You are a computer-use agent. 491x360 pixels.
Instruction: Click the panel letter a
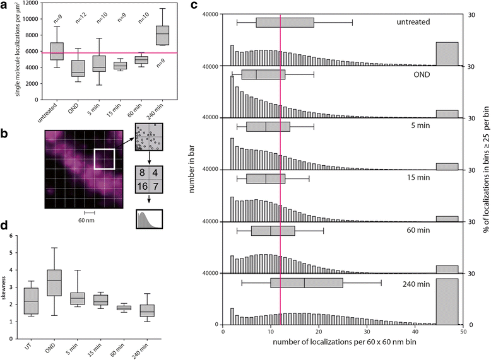click(5, 6)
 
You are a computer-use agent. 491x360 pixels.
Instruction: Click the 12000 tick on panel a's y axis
click(37, 4)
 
